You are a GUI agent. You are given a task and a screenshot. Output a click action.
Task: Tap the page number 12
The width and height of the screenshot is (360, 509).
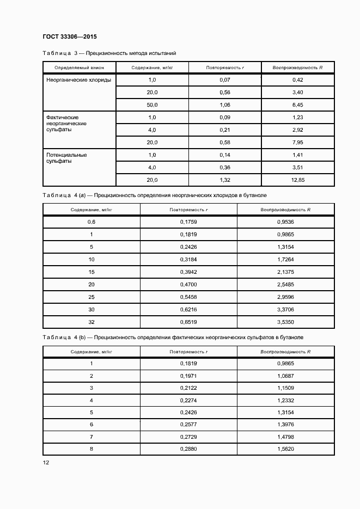pyautogui.click(x=46, y=463)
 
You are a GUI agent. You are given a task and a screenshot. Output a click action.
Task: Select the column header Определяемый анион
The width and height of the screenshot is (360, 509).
pyautogui.click(x=79, y=68)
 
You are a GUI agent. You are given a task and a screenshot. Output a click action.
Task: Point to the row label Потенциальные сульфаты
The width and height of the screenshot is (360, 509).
pyautogui.click(x=66, y=158)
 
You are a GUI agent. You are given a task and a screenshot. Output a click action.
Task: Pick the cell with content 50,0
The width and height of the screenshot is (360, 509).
pyautogui.click(x=152, y=105)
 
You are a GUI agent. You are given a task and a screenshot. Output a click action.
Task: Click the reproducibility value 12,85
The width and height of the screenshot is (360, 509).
pyautogui.click(x=297, y=180)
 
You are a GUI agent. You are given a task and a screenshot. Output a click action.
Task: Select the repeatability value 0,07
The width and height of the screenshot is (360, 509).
pyautogui.click(x=225, y=80)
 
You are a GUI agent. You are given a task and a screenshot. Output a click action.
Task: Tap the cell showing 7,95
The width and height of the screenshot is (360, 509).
pyautogui.click(x=297, y=142)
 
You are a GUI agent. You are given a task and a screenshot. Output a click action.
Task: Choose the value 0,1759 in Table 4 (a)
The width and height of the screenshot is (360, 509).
pyautogui.click(x=188, y=222)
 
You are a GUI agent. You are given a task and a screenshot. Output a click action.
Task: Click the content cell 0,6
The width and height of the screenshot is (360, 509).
pyautogui.click(x=91, y=222)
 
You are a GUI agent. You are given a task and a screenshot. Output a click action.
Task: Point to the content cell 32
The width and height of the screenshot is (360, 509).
pyautogui.click(x=91, y=322)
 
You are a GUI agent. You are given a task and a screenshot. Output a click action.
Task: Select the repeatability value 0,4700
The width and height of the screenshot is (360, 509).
pyautogui.click(x=188, y=285)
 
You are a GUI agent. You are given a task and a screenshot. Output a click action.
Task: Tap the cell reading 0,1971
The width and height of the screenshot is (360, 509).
pyautogui.click(x=188, y=376)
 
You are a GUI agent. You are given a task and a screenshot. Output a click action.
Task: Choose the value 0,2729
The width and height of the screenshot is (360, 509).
pyautogui.click(x=188, y=437)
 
